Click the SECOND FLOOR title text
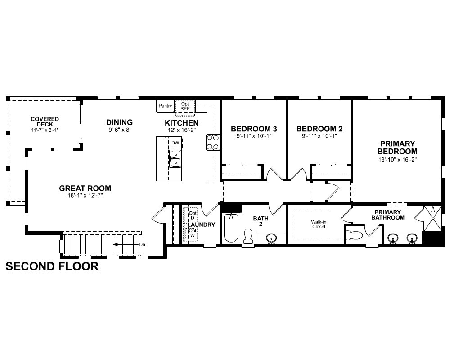pos(52,266)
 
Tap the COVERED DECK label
pos(45,121)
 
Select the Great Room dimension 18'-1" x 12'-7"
pos(85,195)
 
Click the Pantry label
pos(165,106)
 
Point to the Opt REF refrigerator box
pos(185,107)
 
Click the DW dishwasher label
pos(175,143)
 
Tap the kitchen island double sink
pos(175,159)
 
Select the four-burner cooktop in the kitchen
pos(213,142)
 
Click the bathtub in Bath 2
pos(231,228)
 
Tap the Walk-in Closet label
pos(319,224)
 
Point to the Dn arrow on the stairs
pos(126,245)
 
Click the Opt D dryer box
pos(193,215)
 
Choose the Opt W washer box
pos(193,233)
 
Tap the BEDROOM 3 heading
pos(254,129)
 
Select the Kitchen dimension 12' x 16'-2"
pos(182,130)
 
